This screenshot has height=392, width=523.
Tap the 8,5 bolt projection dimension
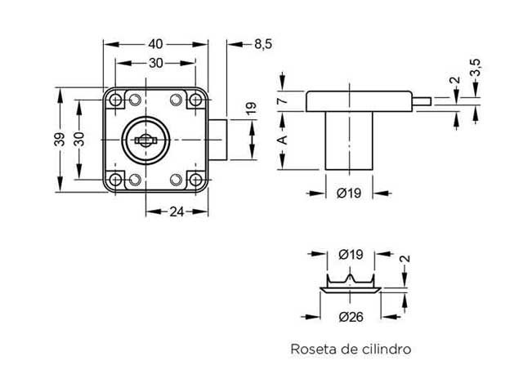click(x=262, y=45)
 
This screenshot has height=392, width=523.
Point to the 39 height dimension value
click(x=59, y=140)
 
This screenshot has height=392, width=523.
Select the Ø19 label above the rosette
click(x=350, y=255)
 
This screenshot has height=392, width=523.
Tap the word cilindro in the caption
click(x=383, y=350)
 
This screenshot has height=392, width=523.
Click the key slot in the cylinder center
click(x=145, y=140)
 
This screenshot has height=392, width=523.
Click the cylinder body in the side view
click(x=348, y=140)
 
